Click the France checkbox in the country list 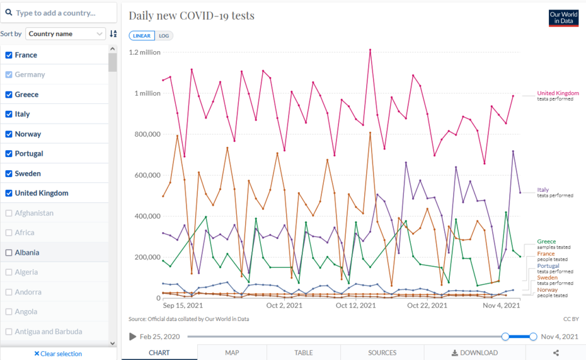point(9,55)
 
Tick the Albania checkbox point(9,252)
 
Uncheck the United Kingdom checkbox point(9,193)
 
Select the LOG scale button point(164,36)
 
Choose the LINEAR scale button point(142,36)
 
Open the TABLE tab point(303,352)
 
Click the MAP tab point(232,352)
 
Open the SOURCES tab point(382,352)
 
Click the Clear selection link point(58,354)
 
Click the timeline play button point(132,337)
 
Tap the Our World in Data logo point(563,18)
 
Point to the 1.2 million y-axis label point(145,52)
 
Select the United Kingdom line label point(558,93)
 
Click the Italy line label point(543,190)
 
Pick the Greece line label point(546,241)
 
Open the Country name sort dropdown point(66,33)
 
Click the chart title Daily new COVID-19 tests point(192,15)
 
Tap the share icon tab point(556,353)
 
